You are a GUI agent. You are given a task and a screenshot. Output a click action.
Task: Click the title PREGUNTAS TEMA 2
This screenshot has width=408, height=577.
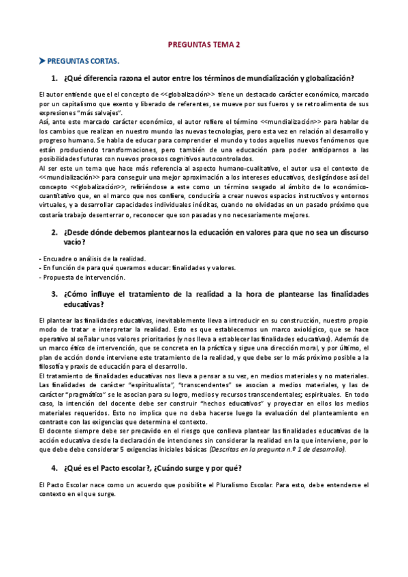[x=204, y=45]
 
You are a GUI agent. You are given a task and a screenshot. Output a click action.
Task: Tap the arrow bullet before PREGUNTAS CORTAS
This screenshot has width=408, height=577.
[x=42, y=61]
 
